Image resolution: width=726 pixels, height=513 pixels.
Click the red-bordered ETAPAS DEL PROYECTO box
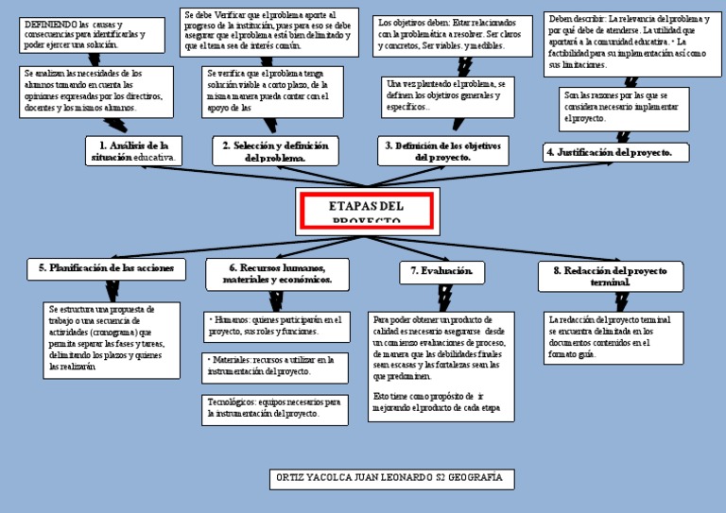click(367, 212)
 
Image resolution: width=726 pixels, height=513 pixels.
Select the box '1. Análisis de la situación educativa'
click(132, 151)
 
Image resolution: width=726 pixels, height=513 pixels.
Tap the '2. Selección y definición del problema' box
click(275, 151)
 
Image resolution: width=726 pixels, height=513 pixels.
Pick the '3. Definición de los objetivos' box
click(442, 151)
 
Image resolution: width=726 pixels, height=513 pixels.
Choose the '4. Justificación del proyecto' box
click(615, 152)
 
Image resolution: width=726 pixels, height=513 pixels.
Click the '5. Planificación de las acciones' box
click(106, 268)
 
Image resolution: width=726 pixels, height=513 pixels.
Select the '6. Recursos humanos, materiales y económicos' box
click(278, 274)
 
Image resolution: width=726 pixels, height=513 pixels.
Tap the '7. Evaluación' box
click(442, 271)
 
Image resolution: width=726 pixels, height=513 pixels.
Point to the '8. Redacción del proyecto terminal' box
click(615, 276)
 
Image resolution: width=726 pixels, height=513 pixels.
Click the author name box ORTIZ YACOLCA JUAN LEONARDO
click(391, 478)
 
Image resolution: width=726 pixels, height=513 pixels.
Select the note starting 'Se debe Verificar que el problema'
click(268, 31)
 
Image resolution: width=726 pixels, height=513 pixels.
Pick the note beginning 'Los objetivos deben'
click(449, 34)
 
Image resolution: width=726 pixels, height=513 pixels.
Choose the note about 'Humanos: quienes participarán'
click(276, 326)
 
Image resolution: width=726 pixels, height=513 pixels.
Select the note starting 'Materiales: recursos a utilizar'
click(276, 366)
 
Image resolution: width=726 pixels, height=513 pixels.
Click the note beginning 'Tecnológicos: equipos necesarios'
click(276, 408)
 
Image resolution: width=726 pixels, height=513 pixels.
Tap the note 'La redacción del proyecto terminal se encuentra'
click(614, 338)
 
